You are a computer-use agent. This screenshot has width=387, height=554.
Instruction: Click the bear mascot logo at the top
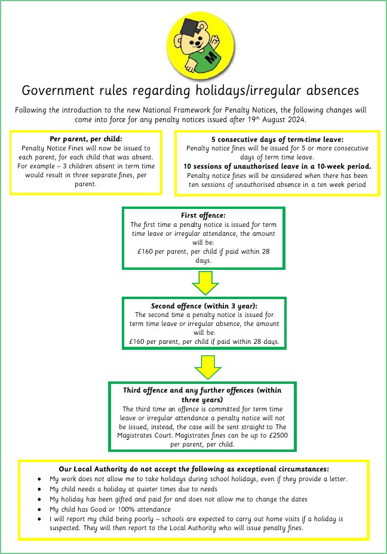201,45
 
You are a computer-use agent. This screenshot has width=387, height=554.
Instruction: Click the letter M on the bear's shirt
211,57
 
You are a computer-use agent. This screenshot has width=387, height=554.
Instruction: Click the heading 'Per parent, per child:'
86,139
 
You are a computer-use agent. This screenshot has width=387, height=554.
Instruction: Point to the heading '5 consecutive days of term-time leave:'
278,139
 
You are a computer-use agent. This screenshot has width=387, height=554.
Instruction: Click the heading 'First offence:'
203,215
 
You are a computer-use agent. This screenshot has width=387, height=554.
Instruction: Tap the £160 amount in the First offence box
145,251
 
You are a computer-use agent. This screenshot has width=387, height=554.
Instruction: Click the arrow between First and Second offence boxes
205,283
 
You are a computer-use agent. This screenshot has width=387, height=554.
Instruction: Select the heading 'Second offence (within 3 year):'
204,306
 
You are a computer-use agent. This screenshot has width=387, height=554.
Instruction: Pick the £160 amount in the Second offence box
137,341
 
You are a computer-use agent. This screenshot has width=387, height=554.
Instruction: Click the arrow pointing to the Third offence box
208,368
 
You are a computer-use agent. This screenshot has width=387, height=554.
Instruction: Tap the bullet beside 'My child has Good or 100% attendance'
39,509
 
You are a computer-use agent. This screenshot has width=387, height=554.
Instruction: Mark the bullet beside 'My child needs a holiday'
39,490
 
